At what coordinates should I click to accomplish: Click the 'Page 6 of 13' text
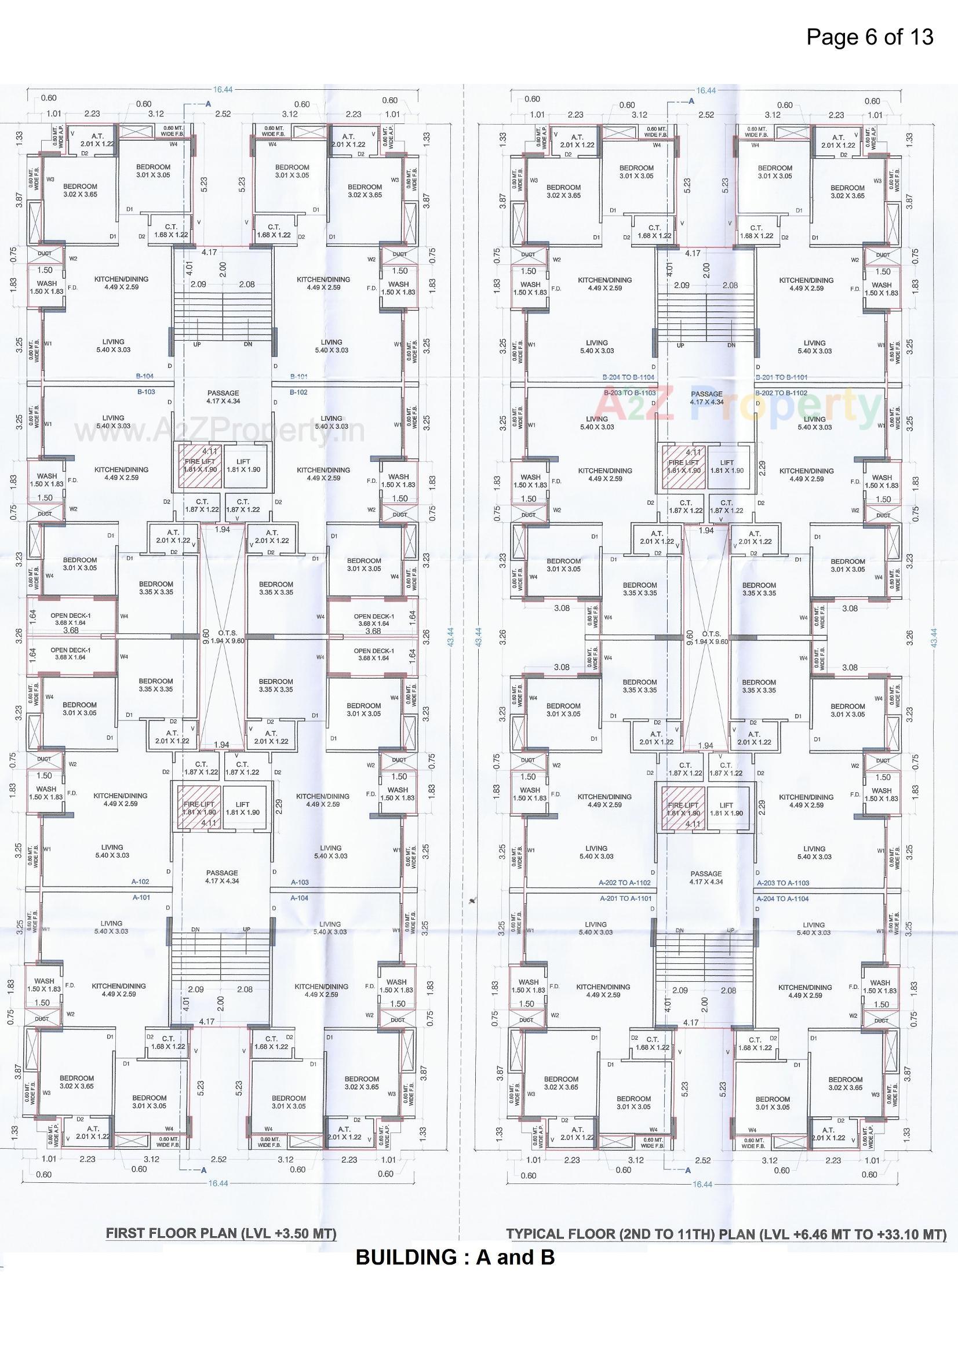[869, 37]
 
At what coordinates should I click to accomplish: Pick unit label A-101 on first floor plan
[140, 898]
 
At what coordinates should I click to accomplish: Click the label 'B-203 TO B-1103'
[630, 392]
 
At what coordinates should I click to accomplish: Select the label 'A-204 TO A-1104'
[782, 898]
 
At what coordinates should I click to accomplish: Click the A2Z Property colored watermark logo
[738, 406]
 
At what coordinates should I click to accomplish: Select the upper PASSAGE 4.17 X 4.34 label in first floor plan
[223, 396]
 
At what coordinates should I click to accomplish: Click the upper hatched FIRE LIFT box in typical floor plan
[683, 466]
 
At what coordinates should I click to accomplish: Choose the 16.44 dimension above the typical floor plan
[705, 91]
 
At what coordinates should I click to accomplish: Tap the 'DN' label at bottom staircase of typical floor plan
[679, 930]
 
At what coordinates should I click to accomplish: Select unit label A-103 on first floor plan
[300, 882]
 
